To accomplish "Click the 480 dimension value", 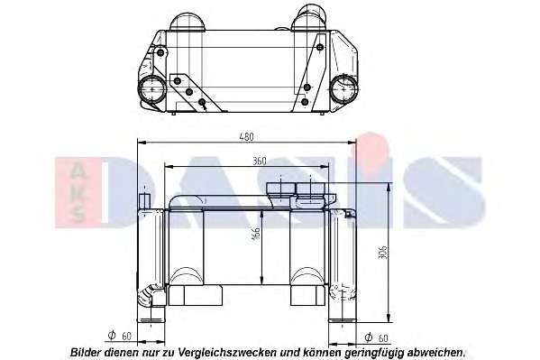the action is click(247, 137).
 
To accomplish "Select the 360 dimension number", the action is click(260, 161).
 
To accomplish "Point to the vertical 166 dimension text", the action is click(256, 233).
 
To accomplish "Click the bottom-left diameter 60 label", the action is click(120, 336).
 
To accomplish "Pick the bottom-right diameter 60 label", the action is click(376, 338).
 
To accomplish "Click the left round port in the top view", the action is click(151, 89).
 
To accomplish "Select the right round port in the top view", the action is click(343, 88).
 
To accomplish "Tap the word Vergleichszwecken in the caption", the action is click(228, 353).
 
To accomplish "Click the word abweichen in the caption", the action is click(435, 353).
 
